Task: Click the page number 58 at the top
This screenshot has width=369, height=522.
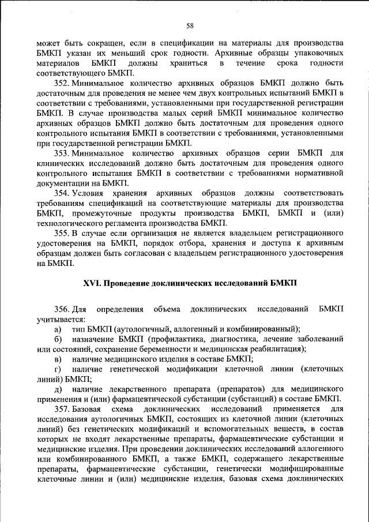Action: coord(190,25)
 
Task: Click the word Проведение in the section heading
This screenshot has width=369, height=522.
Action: coord(129,284)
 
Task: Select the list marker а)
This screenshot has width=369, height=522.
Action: coord(58,329)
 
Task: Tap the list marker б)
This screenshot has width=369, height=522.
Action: coord(58,339)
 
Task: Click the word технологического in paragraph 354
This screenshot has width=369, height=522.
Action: coord(71,222)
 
